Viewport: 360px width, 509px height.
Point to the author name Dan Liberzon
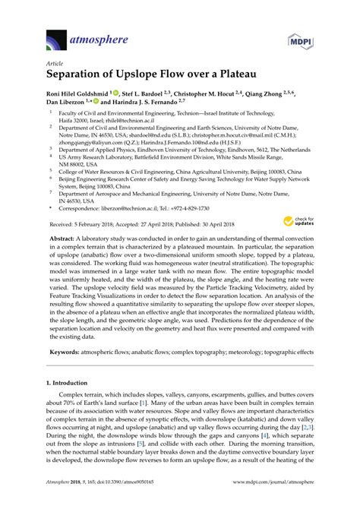(x=68, y=106)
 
